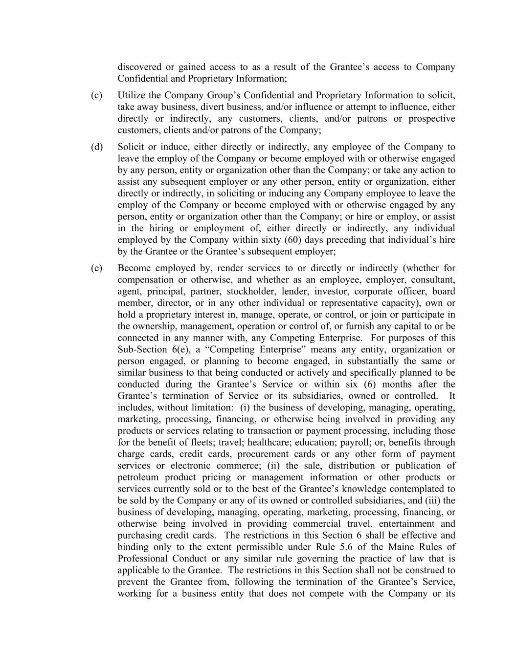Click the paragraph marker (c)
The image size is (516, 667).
pyautogui.click(x=96, y=95)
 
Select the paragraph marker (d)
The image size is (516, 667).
pyautogui.click(x=96, y=147)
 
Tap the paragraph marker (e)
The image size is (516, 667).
pyautogui.click(x=96, y=268)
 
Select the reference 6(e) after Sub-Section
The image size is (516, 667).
pyautogui.click(x=173, y=350)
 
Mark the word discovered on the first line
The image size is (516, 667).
pyautogui.click(x=139, y=67)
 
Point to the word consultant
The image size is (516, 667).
pyautogui.click(x=434, y=280)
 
